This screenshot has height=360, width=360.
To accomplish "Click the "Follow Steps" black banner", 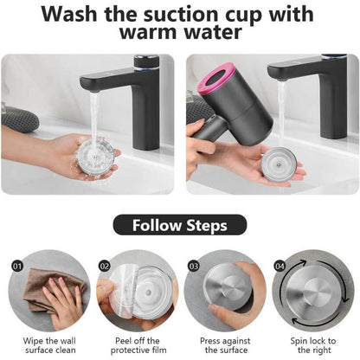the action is pos(180,225).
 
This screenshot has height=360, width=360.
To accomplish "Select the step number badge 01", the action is pos(17,266).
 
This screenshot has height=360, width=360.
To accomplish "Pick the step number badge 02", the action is pos(105,266).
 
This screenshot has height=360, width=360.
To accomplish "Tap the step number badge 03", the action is pos(194,266).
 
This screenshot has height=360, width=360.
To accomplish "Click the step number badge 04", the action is pos(280,266).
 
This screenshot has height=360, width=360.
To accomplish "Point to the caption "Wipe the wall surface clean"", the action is pos(49,345).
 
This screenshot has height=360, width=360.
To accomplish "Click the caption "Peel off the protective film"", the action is pos(138,345).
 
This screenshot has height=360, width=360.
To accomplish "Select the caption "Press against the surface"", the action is pos(226,345).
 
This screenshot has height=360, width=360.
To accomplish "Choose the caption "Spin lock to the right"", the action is pos(313,345).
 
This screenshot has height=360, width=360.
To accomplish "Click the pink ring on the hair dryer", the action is pos(215,77).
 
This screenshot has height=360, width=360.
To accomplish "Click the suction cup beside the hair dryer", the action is pos(279,164).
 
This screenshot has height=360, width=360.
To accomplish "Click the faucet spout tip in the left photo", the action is pos(94,90).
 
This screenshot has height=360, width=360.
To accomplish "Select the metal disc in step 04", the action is pos(314,294).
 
